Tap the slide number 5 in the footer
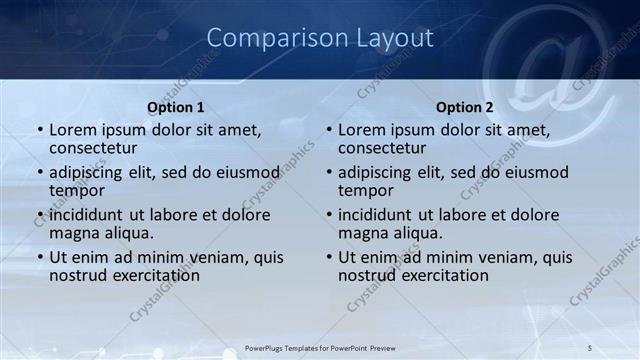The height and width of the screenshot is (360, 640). (x=591, y=348)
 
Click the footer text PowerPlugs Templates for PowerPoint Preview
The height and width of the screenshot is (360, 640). (x=319, y=348)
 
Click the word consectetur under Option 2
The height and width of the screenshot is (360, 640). (x=382, y=148)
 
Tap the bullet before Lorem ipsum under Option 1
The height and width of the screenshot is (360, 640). (x=40, y=130)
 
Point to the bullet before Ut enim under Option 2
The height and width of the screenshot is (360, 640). (x=329, y=257)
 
